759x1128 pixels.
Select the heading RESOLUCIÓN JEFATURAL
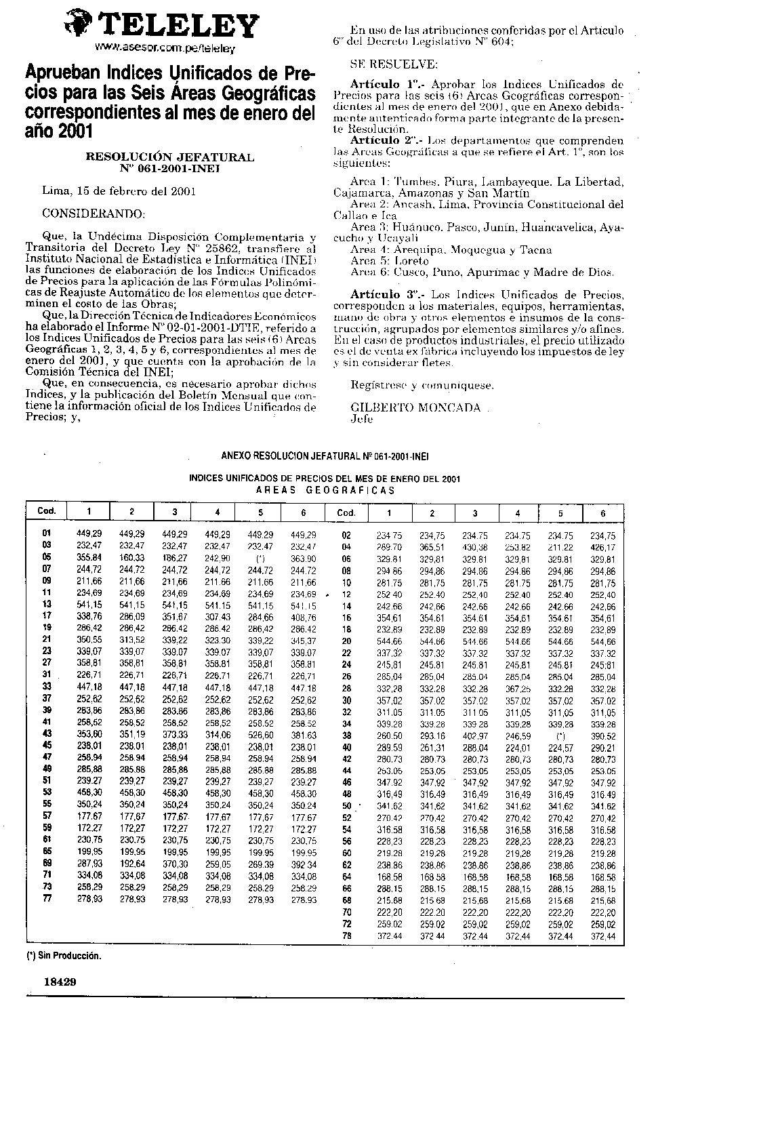[x=169, y=157]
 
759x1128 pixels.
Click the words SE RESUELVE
[x=394, y=64]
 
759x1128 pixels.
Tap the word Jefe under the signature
[x=362, y=419]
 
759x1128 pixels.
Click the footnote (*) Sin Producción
[x=64, y=956]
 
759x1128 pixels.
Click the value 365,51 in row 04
[x=432, y=547]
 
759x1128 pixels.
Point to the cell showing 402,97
[x=475, y=736]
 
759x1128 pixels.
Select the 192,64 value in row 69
[x=131, y=865]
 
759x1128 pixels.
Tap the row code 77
[x=47, y=900]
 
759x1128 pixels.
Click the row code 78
[x=347, y=936]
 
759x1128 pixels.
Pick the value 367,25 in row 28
[x=518, y=689]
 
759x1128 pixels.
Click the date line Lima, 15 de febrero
[x=119, y=191]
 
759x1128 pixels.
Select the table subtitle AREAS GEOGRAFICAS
[x=325, y=490]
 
